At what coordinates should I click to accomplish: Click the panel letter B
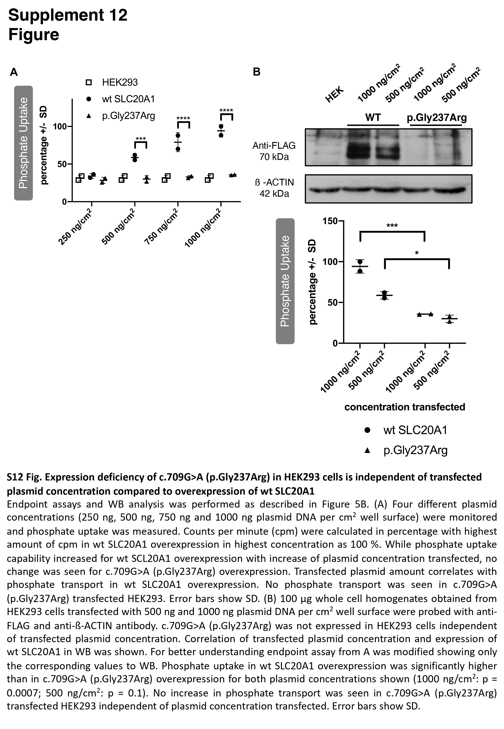tap(257, 72)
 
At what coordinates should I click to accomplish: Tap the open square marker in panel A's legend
tap(89, 83)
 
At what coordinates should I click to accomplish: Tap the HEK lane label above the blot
tap(334, 94)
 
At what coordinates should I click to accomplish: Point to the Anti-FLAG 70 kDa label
tap(274, 151)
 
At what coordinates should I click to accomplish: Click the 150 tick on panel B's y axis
tap(330, 221)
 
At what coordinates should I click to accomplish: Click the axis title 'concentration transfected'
tap(405, 407)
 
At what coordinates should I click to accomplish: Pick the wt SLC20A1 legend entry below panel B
tap(415, 430)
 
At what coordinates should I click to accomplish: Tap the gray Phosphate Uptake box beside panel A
tap(23, 143)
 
